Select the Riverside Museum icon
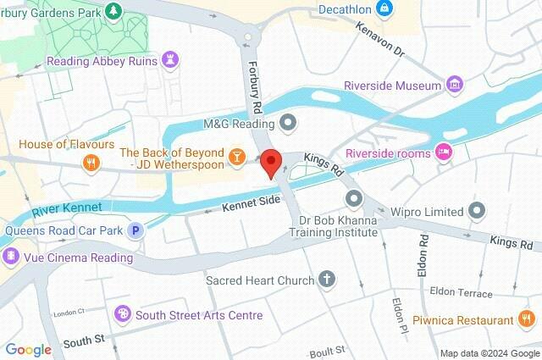(456, 84)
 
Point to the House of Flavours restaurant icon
(89, 162)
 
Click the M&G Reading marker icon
(288, 124)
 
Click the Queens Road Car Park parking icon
(134, 230)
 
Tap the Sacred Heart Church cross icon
(327, 280)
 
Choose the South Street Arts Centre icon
(124, 315)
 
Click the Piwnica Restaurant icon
(526, 319)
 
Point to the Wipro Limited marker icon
(478, 210)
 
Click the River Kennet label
(67, 208)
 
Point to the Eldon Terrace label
(461, 293)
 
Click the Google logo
(28, 349)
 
